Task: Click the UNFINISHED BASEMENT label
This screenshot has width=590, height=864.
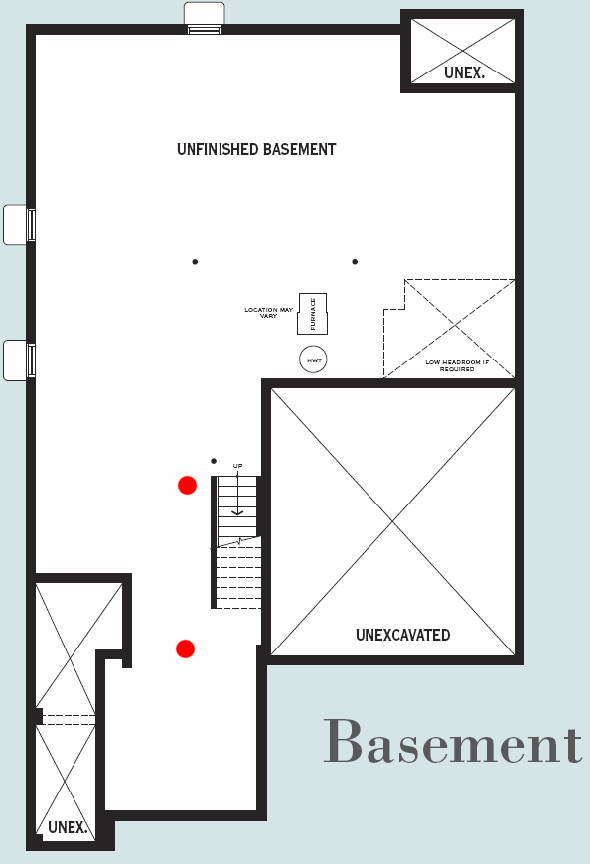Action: tap(256, 149)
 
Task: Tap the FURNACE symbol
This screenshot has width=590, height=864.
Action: tap(312, 314)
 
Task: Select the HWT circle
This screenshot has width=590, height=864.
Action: tap(313, 360)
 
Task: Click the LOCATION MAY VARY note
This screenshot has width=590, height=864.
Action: tap(269, 313)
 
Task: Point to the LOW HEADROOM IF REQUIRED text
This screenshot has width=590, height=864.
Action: tap(457, 365)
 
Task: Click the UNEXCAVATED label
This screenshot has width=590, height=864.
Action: tap(402, 635)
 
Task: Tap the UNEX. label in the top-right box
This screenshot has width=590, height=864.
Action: tap(464, 72)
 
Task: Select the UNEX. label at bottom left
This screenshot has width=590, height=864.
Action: tap(68, 827)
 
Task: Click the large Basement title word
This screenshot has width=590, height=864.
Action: tap(452, 741)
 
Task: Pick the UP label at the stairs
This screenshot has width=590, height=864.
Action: tap(237, 466)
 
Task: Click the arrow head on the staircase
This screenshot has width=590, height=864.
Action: tap(237, 513)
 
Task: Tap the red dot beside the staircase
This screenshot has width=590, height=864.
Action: tap(188, 486)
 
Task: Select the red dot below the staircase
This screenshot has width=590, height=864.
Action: tap(185, 649)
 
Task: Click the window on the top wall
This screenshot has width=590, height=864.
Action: tap(204, 18)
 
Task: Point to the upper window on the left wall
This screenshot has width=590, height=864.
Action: tap(19, 224)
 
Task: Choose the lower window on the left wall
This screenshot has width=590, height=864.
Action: tap(19, 360)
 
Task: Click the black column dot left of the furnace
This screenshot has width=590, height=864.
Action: tap(195, 262)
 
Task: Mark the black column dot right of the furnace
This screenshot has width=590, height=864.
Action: tap(355, 262)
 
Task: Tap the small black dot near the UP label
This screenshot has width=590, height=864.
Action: tap(214, 461)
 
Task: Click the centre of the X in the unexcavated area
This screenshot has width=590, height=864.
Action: tap(392, 521)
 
